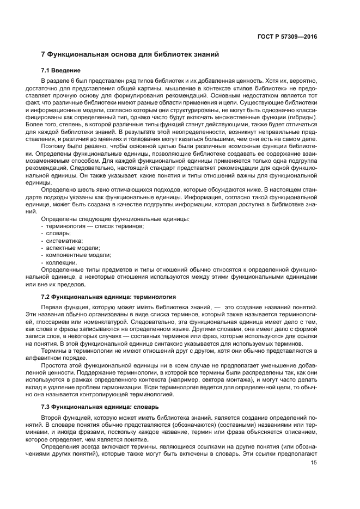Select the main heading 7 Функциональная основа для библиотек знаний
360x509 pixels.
[130, 55]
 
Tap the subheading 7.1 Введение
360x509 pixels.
[61, 71]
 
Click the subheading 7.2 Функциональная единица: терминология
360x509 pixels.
[108, 297]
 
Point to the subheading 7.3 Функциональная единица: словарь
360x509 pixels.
[100, 407]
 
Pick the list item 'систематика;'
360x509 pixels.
[64, 240]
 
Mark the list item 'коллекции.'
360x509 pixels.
[61, 262]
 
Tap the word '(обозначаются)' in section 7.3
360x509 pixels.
[183, 424]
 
